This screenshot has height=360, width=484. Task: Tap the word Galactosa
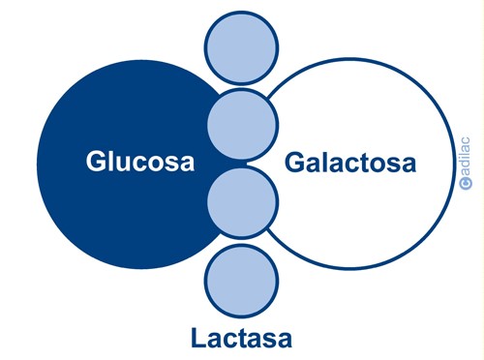[350, 162]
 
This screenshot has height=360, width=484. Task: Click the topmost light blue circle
[242, 46]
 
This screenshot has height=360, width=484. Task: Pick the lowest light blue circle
[242, 280]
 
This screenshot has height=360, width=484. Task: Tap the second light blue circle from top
[242, 124]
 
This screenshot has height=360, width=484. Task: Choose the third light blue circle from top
[242, 203]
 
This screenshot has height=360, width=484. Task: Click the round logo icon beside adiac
[466, 181]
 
